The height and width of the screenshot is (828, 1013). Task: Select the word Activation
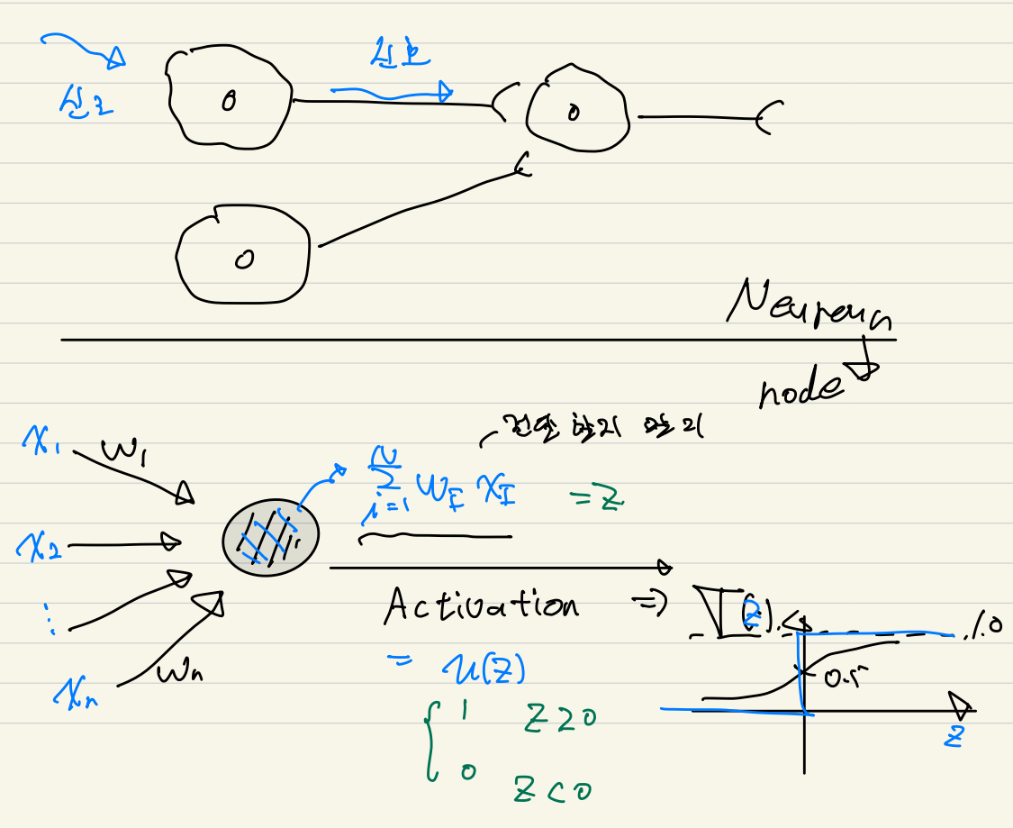tap(481, 605)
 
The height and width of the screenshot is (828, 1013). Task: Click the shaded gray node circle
tap(270, 538)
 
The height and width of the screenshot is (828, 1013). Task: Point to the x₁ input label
tap(41, 442)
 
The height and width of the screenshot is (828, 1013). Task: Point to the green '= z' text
tap(598, 500)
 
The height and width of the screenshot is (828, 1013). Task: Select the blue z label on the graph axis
tap(954, 735)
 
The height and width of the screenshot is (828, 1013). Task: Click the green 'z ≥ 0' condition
tap(557, 721)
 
